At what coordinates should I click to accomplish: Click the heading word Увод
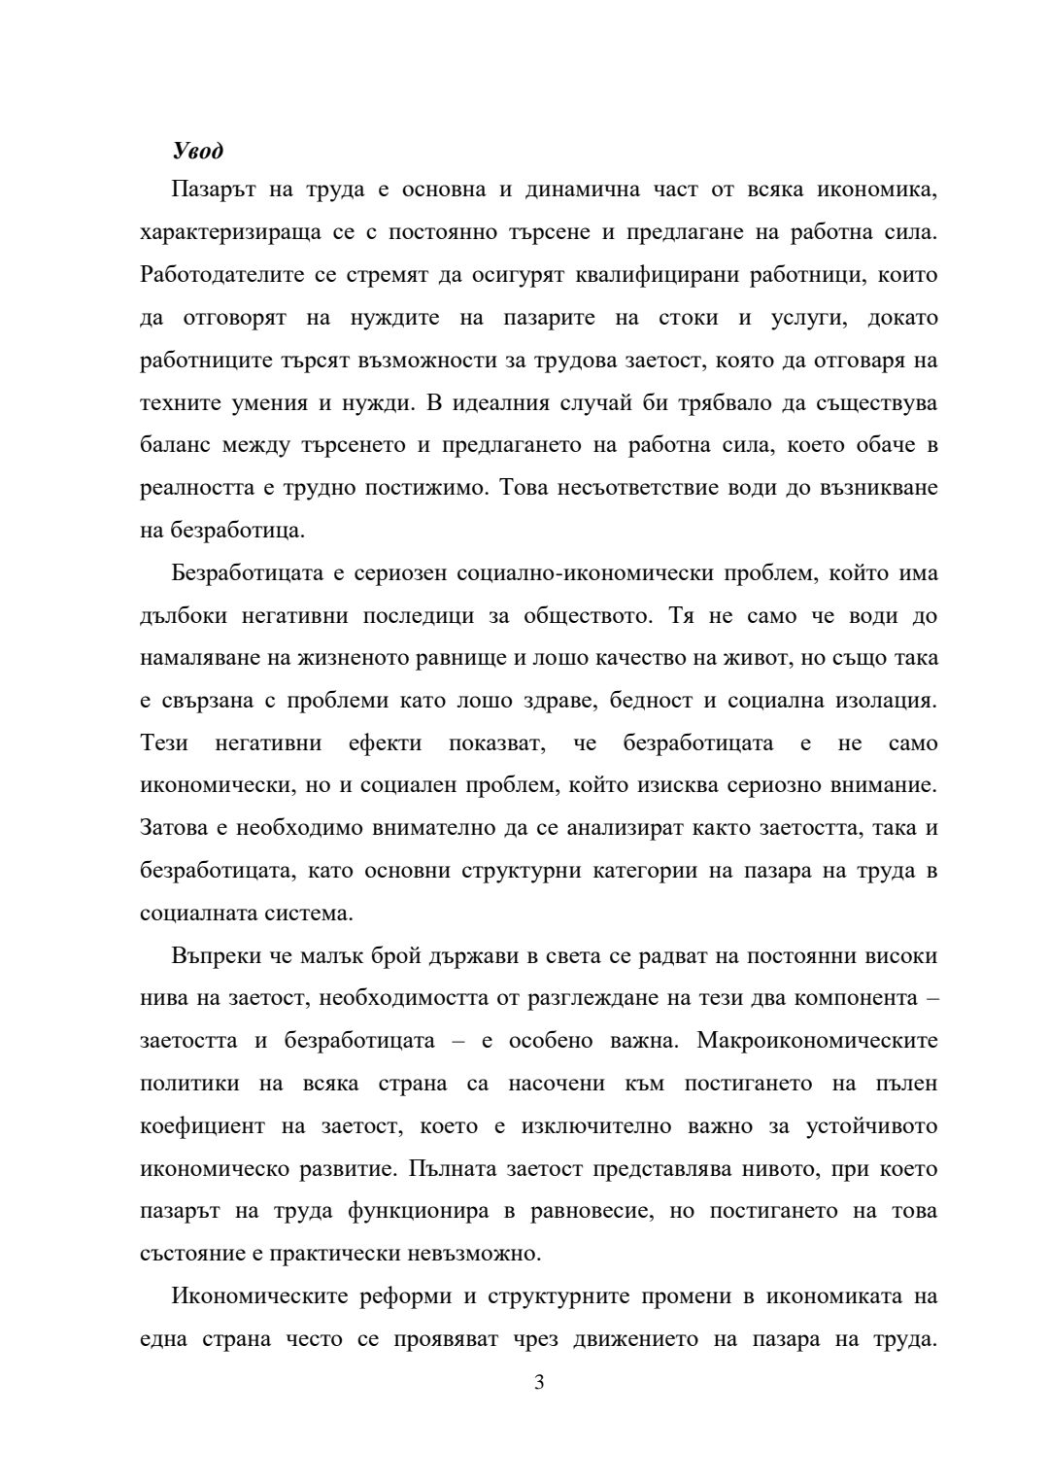(x=197, y=151)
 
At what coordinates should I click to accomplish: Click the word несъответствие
(x=635, y=488)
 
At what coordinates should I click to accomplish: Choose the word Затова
(x=172, y=828)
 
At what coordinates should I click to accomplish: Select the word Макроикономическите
(x=817, y=1040)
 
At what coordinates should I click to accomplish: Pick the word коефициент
(x=202, y=1125)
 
